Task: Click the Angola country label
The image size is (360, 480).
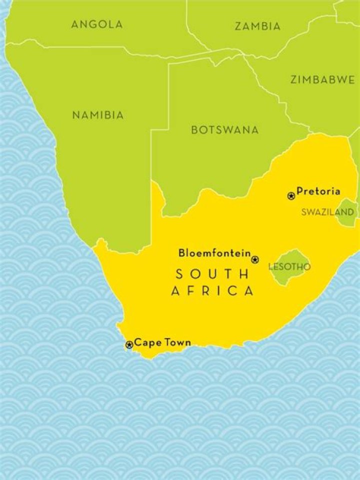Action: (97, 24)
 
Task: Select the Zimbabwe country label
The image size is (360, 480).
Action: (322, 80)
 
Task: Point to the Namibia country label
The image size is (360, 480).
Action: (98, 115)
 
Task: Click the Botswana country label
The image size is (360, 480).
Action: (225, 130)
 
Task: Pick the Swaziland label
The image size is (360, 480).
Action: (327, 212)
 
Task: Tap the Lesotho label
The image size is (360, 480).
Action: (289, 267)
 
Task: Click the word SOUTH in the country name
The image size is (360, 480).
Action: (211, 274)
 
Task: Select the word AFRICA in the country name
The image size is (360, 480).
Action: (212, 291)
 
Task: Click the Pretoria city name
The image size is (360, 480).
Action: (318, 191)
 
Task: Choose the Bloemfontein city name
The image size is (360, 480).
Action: (214, 253)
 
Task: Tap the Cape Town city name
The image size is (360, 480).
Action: (162, 343)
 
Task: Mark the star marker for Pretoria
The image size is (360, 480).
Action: (291, 195)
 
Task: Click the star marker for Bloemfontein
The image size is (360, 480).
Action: (255, 259)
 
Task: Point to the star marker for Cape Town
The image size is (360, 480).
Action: (129, 344)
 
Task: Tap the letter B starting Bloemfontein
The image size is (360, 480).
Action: (181, 253)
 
